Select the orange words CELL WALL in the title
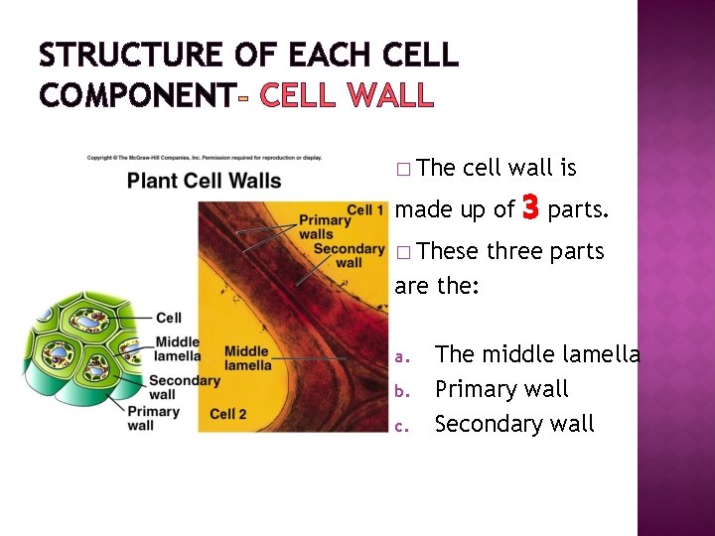click(346, 95)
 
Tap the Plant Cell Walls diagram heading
click(204, 181)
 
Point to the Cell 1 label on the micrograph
click(365, 210)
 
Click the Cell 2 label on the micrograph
click(228, 413)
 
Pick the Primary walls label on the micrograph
click(324, 227)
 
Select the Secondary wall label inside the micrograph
click(349, 255)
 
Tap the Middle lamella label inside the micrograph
click(247, 357)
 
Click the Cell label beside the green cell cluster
click(169, 318)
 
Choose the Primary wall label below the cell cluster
click(154, 418)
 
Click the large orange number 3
click(530, 207)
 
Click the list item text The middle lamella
click(537, 354)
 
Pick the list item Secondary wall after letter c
click(514, 424)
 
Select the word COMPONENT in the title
click(136, 95)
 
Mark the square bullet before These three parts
click(401, 253)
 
